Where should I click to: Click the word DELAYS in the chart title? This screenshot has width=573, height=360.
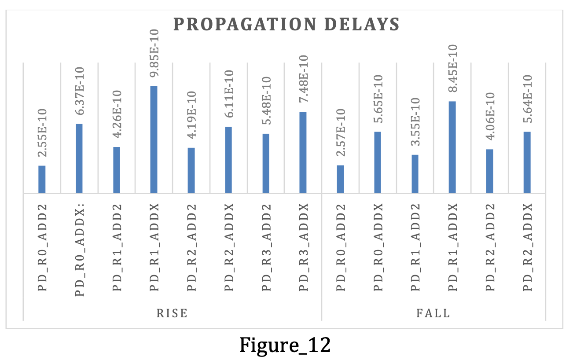pyautogui.click(x=364, y=24)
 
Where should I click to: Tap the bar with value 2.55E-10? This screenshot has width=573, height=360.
pyautogui.click(x=42, y=179)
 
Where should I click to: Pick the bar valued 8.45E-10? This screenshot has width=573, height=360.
pyautogui.click(x=452, y=147)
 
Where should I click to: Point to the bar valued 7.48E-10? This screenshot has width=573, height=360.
pyautogui.click(x=303, y=152)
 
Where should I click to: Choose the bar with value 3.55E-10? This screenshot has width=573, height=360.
pyautogui.click(x=415, y=174)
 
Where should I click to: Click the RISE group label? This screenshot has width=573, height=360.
pyautogui.click(x=172, y=313)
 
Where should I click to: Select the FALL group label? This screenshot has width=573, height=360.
pyautogui.click(x=433, y=313)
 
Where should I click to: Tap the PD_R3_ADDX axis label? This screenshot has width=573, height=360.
pyautogui.click(x=303, y=247)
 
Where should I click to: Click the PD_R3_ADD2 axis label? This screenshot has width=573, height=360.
pyautogui.click(x=265, y=247)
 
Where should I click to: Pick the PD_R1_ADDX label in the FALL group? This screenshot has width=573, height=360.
pyautogui.click(x=452, y=247)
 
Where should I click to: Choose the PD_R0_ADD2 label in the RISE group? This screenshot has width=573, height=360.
pyautogui.click(x=42, y=247)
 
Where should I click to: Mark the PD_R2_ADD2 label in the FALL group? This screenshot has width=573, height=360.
pyautogui.click(x=489, y=247)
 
